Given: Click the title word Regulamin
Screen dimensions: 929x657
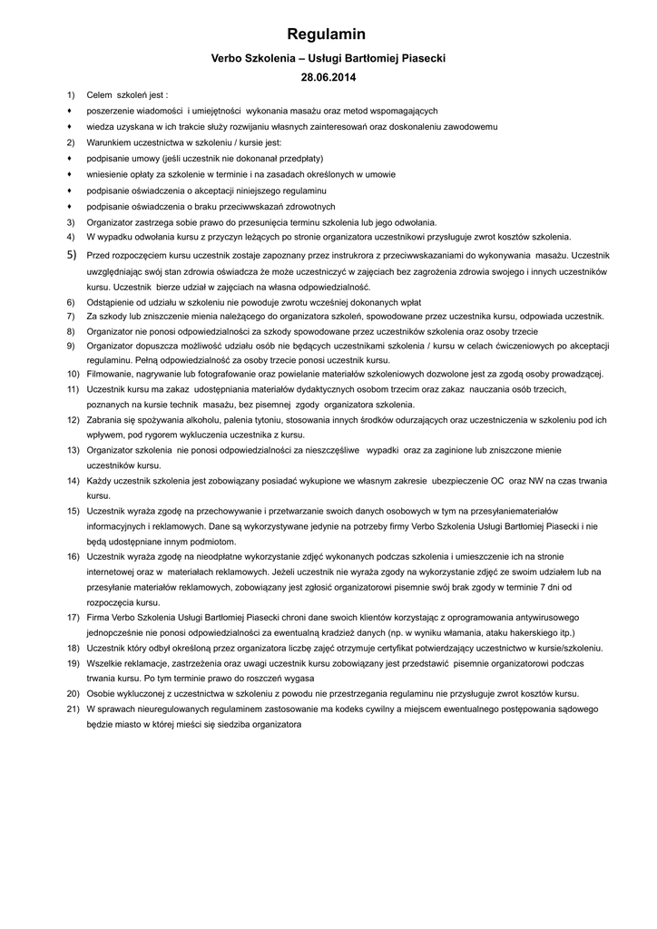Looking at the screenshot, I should tap(327, 34).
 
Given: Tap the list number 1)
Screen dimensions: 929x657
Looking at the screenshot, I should tap(72, 94).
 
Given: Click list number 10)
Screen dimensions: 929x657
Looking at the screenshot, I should tap(73, 374).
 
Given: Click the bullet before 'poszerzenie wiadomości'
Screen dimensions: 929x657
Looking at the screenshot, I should tap(70, 111).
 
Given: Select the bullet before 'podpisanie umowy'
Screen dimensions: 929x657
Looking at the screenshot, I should tap(70, 159).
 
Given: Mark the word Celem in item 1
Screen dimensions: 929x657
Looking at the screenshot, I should tap(99, 94).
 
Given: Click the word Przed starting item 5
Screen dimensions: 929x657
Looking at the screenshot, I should tap(99, 257).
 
